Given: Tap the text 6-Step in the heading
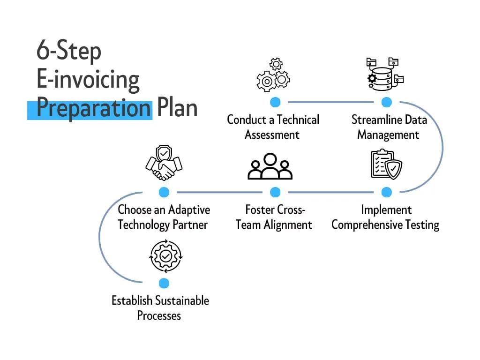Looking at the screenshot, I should [68, 52].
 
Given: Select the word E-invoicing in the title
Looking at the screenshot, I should [88, 79].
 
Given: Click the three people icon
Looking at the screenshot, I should [270, 167].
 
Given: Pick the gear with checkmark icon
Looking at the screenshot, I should [165, 256].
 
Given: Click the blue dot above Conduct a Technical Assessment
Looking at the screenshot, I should [275, 102].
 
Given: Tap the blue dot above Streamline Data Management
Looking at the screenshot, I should [386, 102].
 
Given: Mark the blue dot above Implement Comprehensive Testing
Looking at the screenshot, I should [386, 192].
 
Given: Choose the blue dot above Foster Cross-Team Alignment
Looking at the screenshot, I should [275, 192].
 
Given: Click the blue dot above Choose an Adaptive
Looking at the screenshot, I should [164, 192].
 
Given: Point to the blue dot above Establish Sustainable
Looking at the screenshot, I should [164, 283].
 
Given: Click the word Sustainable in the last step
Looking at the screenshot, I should [182, 300].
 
